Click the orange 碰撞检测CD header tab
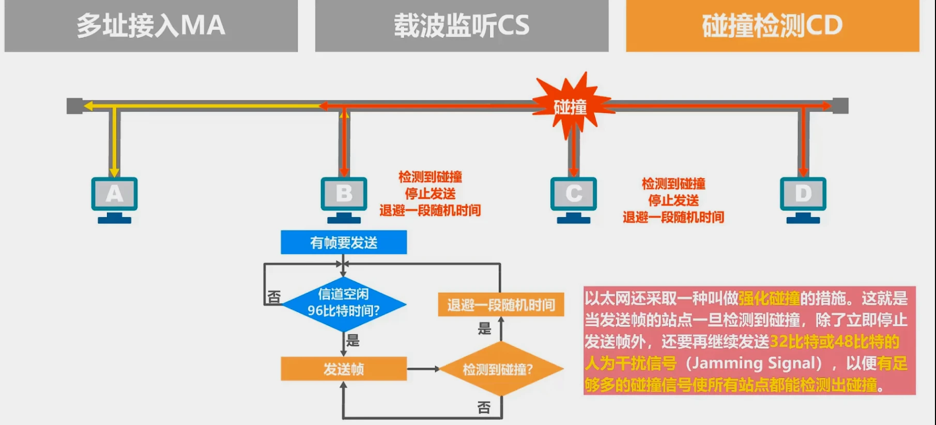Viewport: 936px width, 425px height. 772,25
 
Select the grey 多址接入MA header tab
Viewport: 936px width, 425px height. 151,25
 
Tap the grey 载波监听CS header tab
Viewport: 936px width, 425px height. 462,25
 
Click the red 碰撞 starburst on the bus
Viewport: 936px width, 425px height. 570,107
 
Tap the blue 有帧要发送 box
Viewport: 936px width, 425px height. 344,242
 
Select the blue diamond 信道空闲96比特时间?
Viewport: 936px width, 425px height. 344,303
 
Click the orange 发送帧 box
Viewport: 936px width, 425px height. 344,369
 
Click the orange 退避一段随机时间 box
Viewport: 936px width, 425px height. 501,305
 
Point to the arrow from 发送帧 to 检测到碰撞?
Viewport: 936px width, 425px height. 423,369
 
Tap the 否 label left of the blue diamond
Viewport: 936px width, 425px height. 274,297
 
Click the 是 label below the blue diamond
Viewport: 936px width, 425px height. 353,340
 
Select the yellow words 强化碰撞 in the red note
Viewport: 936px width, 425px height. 769,298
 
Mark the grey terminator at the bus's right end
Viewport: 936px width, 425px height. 840,106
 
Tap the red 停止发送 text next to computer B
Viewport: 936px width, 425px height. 430,194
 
